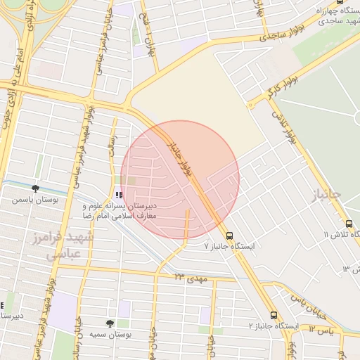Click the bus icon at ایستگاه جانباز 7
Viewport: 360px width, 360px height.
coord(230,235)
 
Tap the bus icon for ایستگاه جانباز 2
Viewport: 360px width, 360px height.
coord(274,316)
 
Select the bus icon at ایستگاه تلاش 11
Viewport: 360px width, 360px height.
coord(349,223)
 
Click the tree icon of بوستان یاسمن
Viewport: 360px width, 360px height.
coord(35,188)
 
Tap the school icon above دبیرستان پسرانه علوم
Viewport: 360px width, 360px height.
coord(119,195)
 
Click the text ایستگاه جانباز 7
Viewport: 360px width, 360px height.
coord(229,247)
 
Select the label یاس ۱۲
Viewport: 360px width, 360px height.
coord(320,328)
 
